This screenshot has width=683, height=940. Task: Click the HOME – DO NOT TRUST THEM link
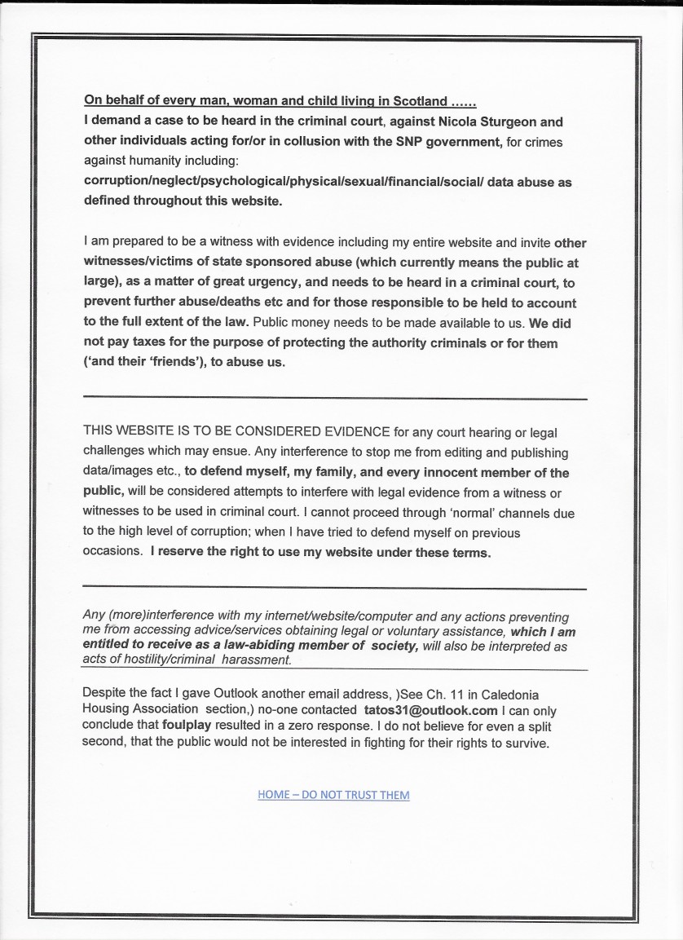coord(333,795)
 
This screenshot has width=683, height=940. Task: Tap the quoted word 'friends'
coord(175,363)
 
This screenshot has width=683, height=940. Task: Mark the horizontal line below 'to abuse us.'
coord(334,398)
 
